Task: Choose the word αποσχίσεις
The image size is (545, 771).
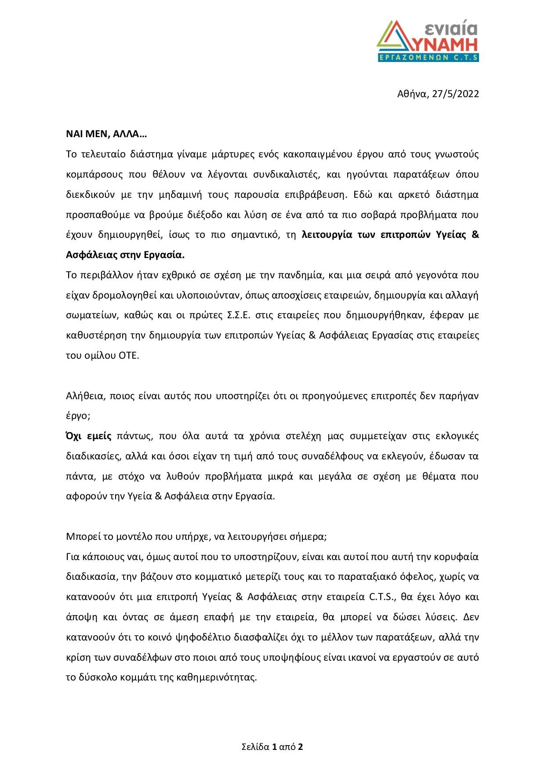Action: pos(290,295)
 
